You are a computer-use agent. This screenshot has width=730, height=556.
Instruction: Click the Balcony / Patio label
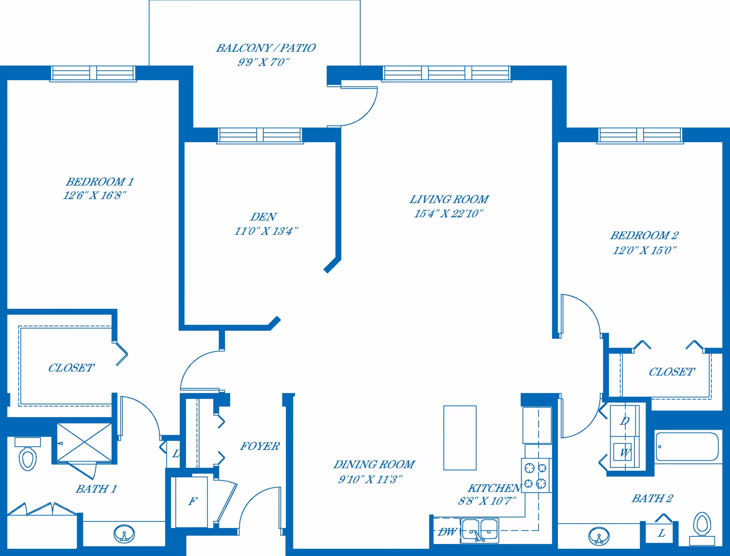tap(265, 48)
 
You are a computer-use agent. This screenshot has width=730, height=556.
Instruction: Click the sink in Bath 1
tap(124, 534)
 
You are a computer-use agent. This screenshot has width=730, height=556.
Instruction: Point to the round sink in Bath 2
tap(599, 536)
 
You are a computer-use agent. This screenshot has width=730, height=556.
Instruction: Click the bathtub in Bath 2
tap(687, 446)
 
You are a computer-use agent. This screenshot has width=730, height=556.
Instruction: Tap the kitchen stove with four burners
tap(536, 476)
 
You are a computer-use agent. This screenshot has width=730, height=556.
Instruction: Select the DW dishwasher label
tap(447, 532)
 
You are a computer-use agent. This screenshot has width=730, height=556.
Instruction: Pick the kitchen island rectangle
tap(460, 438)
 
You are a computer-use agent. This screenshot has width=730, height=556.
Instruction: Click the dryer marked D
tap(625, 421)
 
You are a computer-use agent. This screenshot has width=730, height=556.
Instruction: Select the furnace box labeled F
tap(192, 501)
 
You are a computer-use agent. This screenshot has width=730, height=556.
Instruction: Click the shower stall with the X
tap(84, 443)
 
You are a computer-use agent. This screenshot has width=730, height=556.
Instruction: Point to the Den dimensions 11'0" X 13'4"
tap(266, 231)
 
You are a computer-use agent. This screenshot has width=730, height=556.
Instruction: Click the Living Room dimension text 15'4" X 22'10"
tap(448, 213)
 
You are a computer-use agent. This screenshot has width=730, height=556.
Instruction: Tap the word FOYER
tap(260, 446)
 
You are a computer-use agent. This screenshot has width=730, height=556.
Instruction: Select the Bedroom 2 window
tap(640, 135)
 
